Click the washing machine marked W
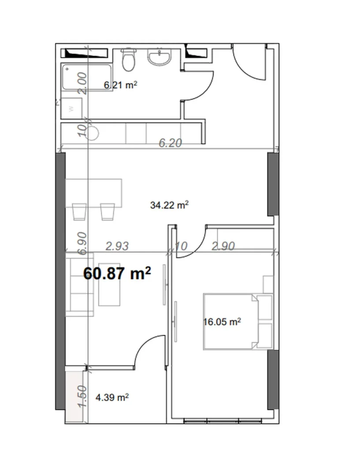(72, 108)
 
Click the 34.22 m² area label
(170, 205)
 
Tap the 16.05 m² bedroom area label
(222, 322)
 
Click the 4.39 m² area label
(112, 398)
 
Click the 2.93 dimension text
(118, 246)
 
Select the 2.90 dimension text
(223, 246)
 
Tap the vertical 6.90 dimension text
(82, 243)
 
